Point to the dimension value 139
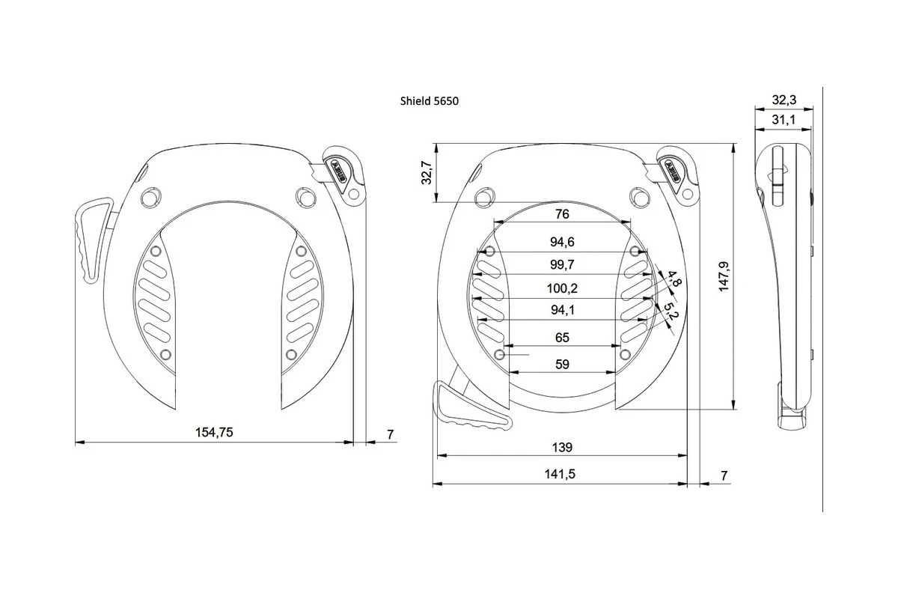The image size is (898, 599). click(563, 447)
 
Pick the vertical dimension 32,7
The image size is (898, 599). click(427, 173)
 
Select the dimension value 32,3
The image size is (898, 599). click(784, 98)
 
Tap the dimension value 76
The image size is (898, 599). click(563, 214)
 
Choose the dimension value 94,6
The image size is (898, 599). click(563, 242)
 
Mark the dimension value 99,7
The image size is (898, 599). click(563, 264)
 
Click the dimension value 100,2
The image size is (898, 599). click(563, 288)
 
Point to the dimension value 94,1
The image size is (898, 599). click(563, 310)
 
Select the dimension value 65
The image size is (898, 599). click(563, 338)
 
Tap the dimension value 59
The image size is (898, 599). click(563, 365)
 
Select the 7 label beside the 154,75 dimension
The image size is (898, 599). click(390, 434)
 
